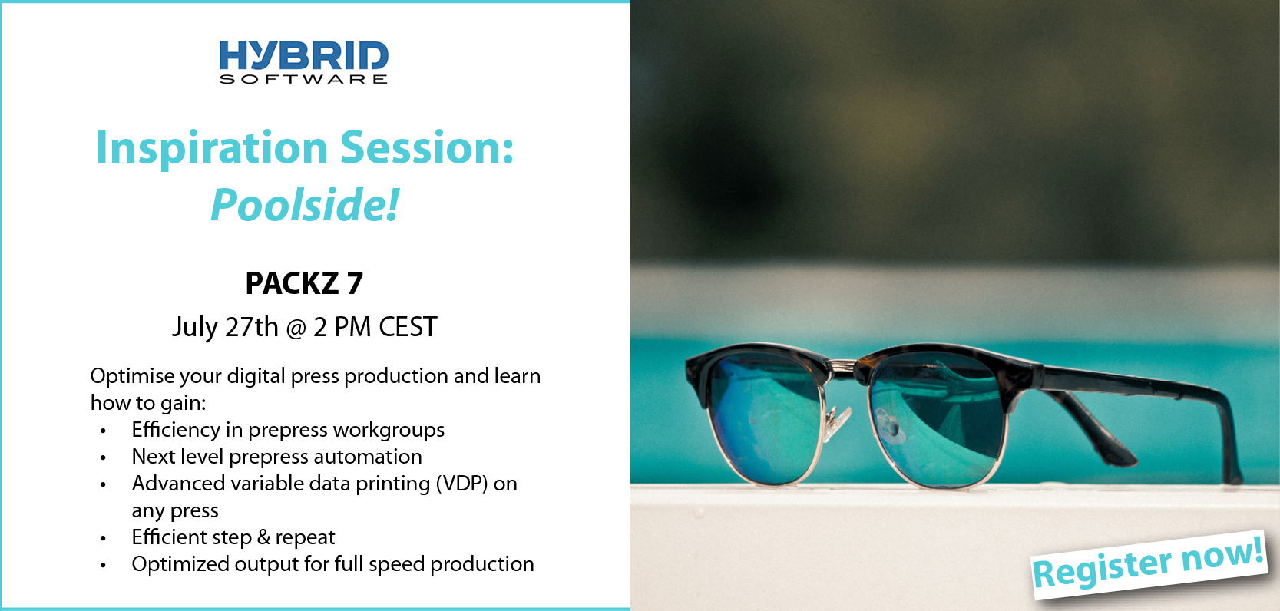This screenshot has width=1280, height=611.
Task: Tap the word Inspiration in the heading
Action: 211,148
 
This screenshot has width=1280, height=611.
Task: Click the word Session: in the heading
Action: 427,148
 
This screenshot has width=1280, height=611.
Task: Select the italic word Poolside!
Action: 305,204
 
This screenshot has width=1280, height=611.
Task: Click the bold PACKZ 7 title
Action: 304,283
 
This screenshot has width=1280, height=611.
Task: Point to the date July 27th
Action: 225,327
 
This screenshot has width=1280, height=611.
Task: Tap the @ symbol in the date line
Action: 296,329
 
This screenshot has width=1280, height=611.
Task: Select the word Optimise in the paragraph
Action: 132,377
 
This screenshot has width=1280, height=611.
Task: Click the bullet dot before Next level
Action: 103,458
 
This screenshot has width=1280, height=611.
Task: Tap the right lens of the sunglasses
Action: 936,423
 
